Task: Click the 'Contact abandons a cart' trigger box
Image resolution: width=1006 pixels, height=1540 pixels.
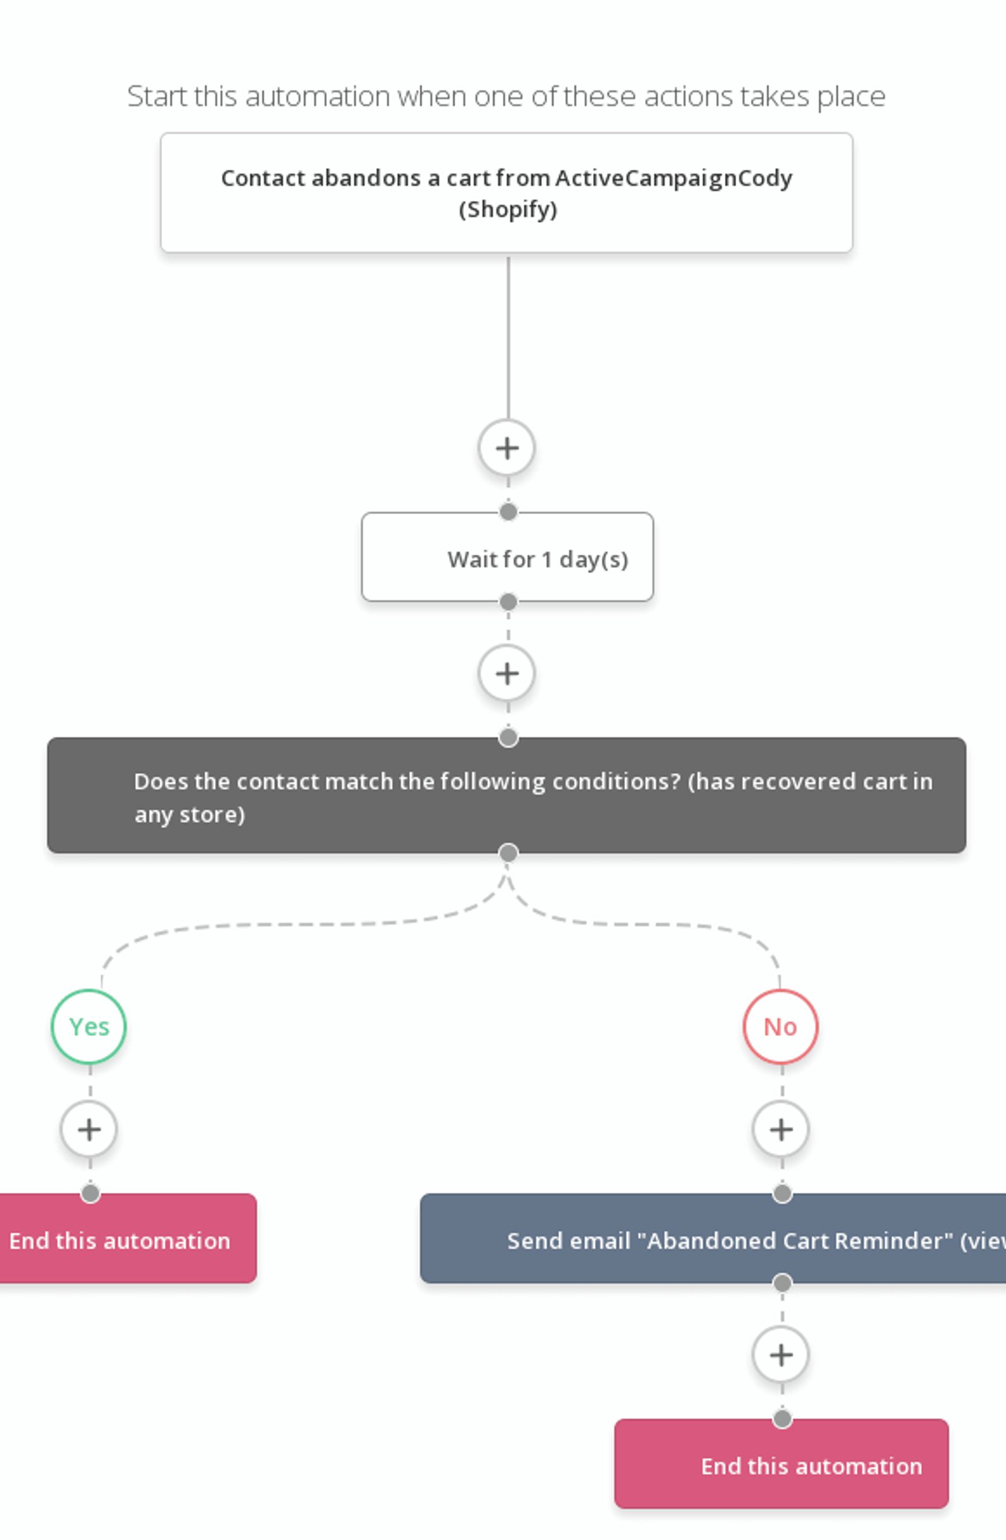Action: (506, 192)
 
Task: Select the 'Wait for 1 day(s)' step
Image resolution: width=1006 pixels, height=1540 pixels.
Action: (507, 558)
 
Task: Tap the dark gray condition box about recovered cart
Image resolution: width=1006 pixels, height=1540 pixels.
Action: (506, 796)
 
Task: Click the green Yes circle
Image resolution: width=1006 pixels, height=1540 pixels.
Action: (89, 1027)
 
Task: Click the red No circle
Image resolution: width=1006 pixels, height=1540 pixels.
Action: (780, 1027)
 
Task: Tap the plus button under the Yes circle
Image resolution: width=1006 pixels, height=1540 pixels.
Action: (89, 1130)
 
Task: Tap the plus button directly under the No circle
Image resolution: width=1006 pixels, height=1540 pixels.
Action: (780, 1130)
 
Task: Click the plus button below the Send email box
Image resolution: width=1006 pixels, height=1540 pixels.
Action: (780, 1355)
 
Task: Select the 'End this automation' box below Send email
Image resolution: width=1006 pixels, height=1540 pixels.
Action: (782, 1465)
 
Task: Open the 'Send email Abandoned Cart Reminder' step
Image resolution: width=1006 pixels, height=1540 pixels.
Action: (712, 1240)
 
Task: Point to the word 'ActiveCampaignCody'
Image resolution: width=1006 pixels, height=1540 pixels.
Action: (673, 178)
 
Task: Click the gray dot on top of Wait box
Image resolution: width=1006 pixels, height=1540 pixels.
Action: (508, 512)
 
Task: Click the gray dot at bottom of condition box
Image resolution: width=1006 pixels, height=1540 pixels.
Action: (508, 854)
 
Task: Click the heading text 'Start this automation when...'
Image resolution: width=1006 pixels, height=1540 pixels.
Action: (506, 96)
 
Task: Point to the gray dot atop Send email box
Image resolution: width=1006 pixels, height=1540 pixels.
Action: (782, 1194)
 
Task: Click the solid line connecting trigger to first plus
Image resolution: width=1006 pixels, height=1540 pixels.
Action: (508, 336)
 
